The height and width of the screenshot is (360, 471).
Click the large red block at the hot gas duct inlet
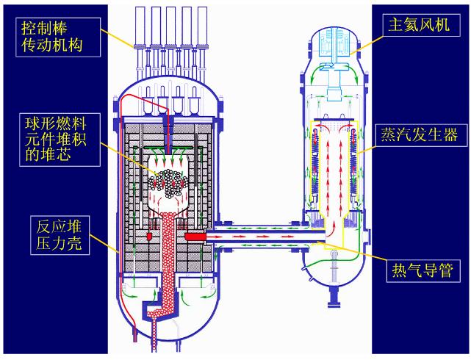(197, 237)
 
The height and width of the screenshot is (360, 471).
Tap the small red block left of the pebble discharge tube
(149, 236)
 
